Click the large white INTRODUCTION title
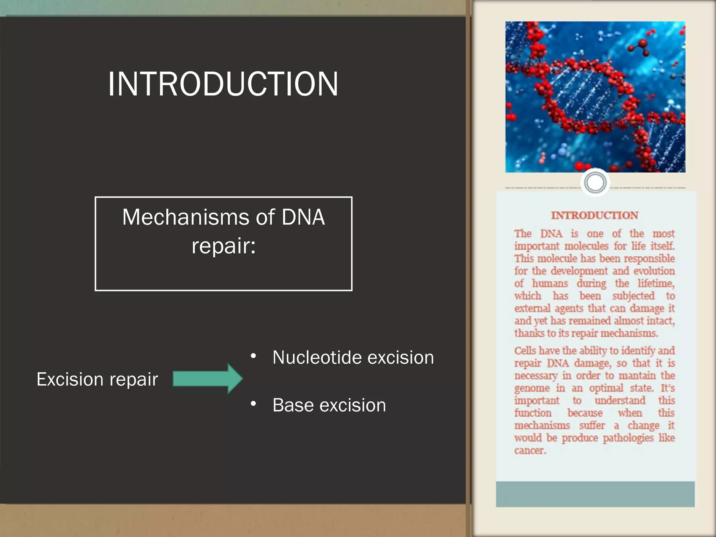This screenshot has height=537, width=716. click(223, 84)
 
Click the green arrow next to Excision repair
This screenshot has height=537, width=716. click(208, 379)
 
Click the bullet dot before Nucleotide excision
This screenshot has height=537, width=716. click(253, 356)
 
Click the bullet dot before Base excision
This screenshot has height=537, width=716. click(253, 404)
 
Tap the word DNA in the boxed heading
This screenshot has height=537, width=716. click(303, 217)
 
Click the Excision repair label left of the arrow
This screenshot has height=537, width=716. click(97, 379)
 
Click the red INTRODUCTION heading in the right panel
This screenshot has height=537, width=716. click(595, 215)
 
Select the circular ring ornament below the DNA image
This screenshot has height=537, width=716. click(595, 182)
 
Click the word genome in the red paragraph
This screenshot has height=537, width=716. click(532, 388)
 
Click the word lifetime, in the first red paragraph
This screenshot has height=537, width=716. click(656, 283)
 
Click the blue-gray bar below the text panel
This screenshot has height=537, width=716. click(595, 494)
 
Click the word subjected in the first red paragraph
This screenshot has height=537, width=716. click(633, 296)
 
